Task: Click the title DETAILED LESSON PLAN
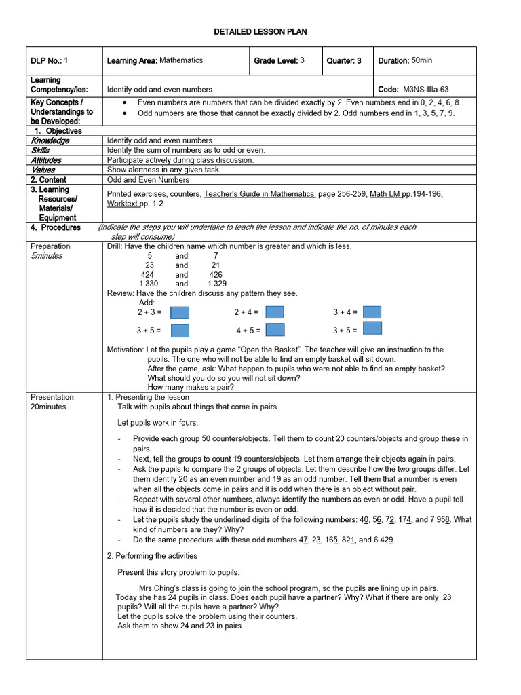pos(260,32)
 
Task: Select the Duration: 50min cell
pos(405,60)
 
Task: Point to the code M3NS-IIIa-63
pos(425,89)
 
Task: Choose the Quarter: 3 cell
pos(344,60)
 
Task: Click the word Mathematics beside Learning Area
pos(181,60)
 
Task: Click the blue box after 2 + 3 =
pos(180,312)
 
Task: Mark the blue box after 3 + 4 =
pos(372,312)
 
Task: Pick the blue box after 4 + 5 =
pos(275,330)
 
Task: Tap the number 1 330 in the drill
pos(149,284)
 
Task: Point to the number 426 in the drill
pos(216,275)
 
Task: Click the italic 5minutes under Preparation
pos(46,256)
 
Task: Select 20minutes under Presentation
pos(48,407)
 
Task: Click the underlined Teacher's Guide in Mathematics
pos(259,194)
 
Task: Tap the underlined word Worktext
pos(123,204)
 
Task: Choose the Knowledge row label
pos(50,140)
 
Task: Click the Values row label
pos(43,170)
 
